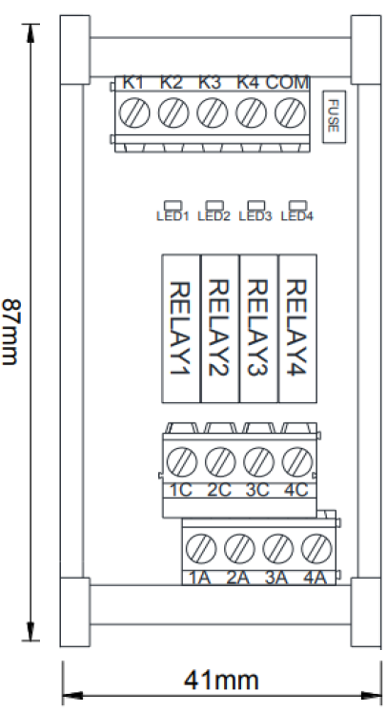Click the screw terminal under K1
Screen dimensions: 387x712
point(134,112)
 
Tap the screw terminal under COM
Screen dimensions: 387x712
point(290,112)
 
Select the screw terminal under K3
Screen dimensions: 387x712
point(213,112)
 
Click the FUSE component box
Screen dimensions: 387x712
point(334,116)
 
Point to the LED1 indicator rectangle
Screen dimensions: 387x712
point(173,206)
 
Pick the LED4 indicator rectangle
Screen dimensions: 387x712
point(297,206)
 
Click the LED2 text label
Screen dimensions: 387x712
point(214,216)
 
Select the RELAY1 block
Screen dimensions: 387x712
point(181,328)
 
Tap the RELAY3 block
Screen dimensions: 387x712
point(259,328)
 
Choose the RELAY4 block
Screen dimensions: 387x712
point(297,328)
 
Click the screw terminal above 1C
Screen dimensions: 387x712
point(182,462)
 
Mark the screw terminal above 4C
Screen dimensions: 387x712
point(297,462)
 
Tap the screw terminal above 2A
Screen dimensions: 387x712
point(239,548)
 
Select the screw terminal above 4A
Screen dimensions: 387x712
point(316,548)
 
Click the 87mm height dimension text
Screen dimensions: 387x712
point(10,332)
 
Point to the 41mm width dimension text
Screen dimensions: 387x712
point(221,681)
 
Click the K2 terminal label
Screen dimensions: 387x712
point(172,83)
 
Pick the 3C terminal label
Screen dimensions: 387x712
point(258,491)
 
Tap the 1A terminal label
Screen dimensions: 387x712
point(200,578)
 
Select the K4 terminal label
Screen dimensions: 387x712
point(248,83)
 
